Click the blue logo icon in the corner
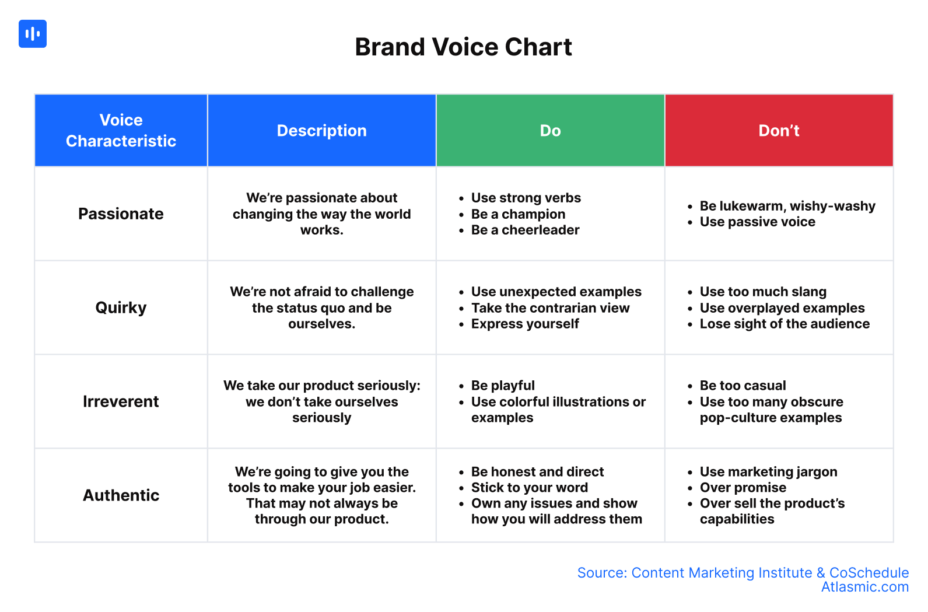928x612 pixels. pos(33,34)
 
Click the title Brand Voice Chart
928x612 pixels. pos(464,47)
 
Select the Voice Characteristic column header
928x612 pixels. pos(121,131)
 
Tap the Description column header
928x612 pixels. pos(322,131)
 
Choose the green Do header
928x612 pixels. pos(550,131)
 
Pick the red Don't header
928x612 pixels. pos(779,131)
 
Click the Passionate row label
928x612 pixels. pos(121,214)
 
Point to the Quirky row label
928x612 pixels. pos(121,308)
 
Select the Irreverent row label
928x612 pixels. pos(121,401)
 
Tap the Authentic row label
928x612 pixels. pos(121,495)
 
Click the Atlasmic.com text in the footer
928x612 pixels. pos(865,587)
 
